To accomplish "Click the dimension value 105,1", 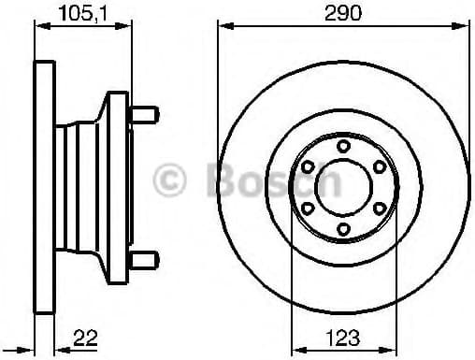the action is [x=83, y=13].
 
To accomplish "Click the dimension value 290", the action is [x=343, y=13].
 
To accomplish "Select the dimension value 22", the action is [x=85, y=338].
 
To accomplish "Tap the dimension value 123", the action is [x=343, y=338].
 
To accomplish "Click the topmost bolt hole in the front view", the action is [x=343, y=146].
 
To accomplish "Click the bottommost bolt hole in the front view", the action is [x=343, y=229].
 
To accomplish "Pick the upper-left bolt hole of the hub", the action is [x=308, y=166].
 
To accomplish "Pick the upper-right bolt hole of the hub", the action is [x=380, y=166].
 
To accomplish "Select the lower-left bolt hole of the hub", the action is [x=308, y=208].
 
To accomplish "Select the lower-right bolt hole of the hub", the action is [x=380, y=208].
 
